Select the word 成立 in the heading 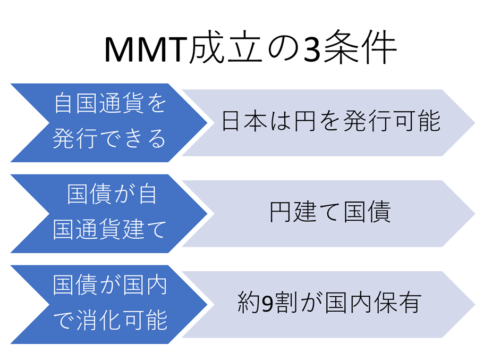tap(226, 48)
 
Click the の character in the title tap(283, 49)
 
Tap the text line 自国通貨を tap(110, 103)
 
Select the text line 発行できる tap(109, 138)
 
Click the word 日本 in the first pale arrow tap(244, 121)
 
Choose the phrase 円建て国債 tap(330, 212)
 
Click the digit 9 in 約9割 tap(268, 303)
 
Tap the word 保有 tap(397, 303)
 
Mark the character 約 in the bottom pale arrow tap(249, 303)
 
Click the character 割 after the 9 tap(286, 303)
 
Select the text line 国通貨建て tap(109, 230)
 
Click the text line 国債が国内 tap(110, 284)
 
